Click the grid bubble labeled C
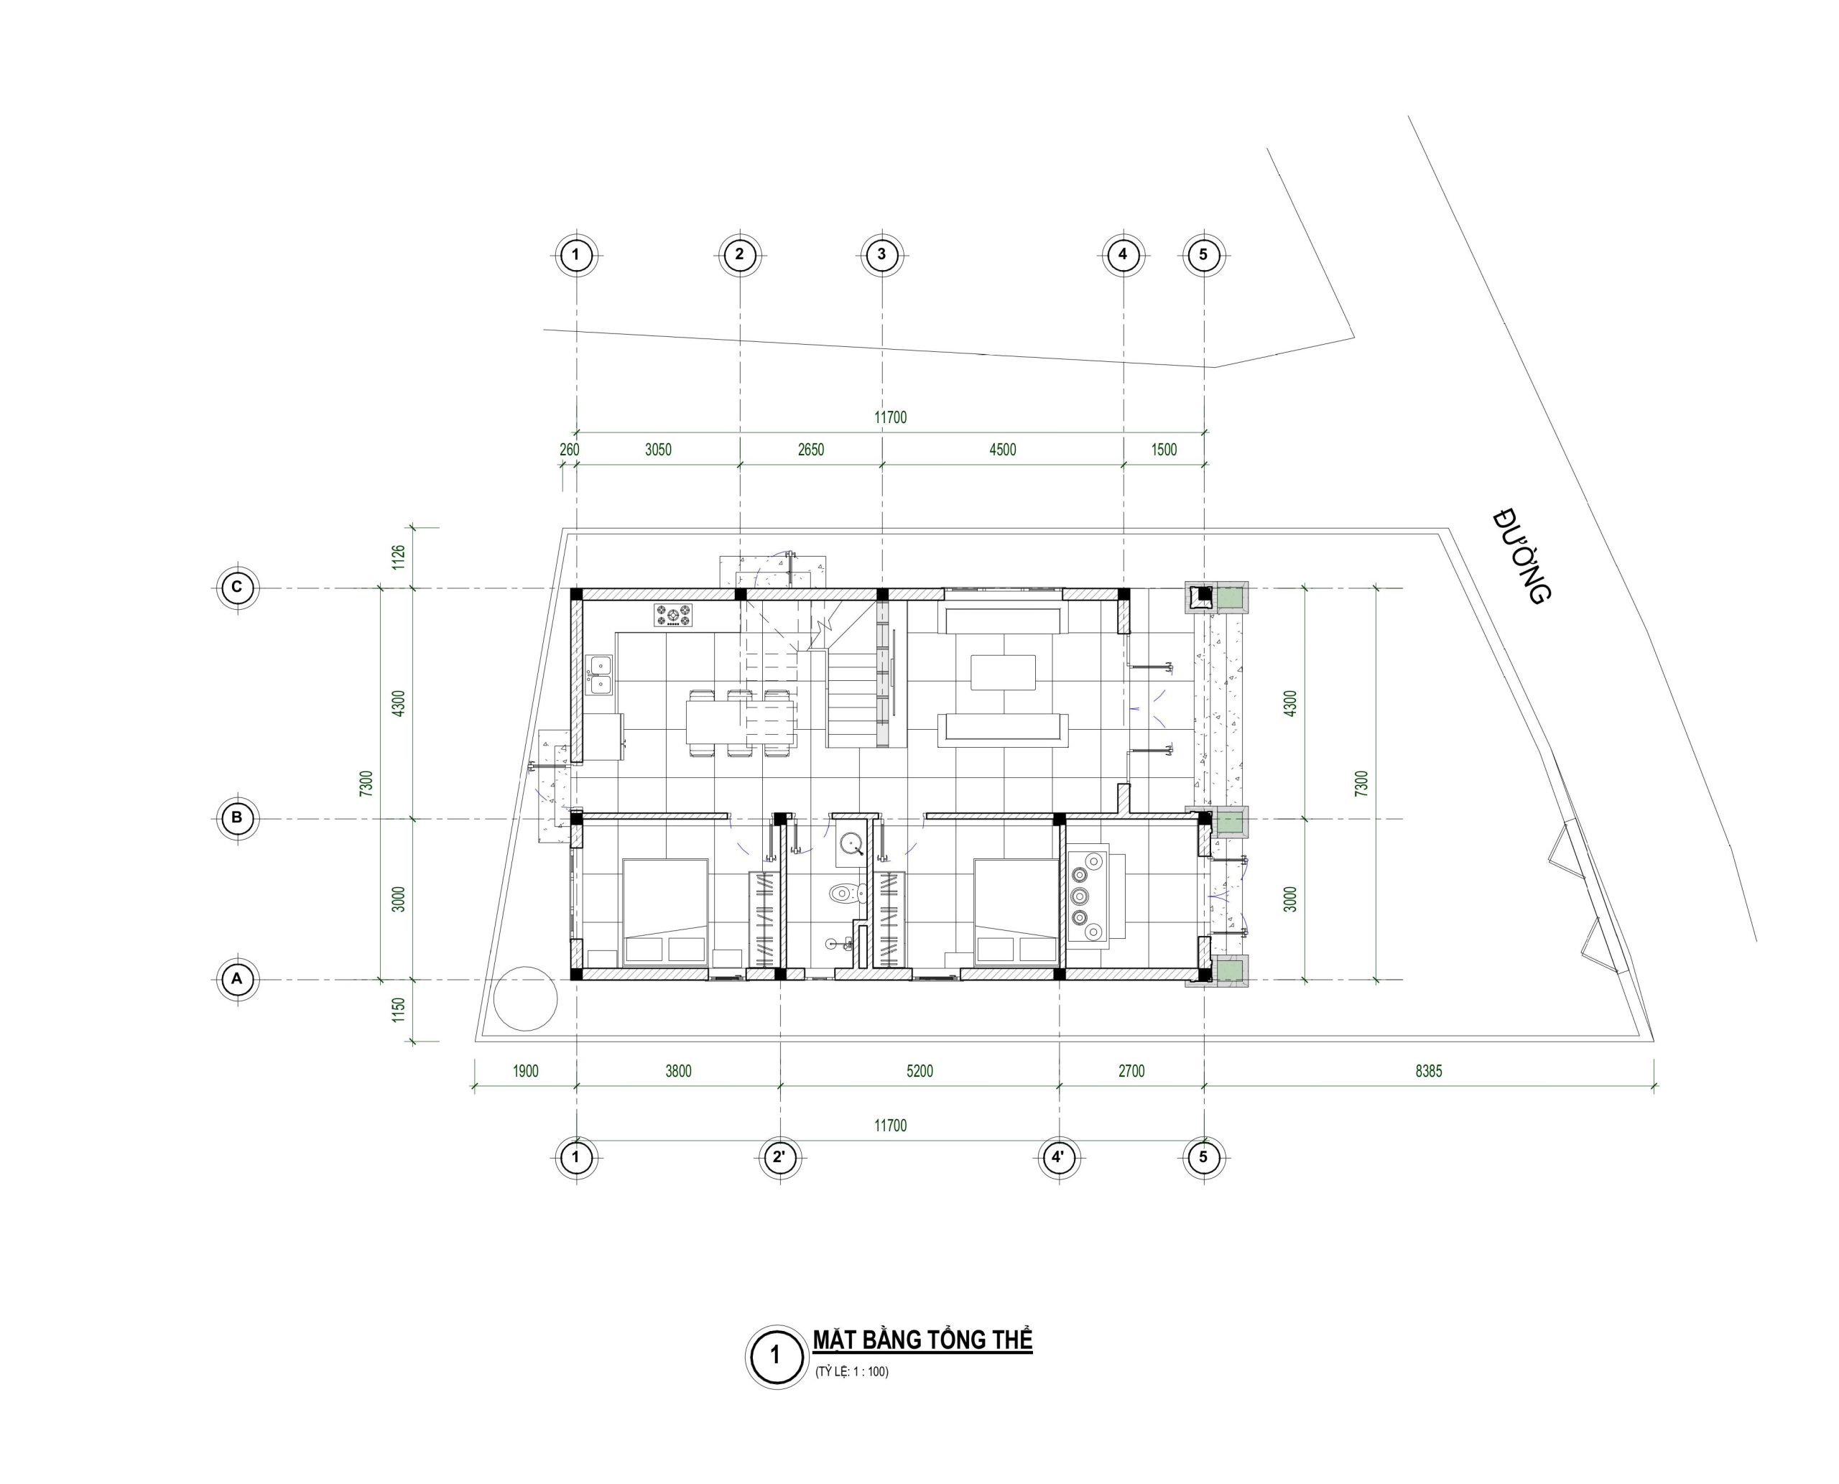tap(237, 588)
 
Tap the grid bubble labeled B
tap(237, 818)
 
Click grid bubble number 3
tap(882, 254)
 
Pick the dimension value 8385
tap(1429, 1071)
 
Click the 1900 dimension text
tap(525, 1071)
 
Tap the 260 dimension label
tap(570, 450)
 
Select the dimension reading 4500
tap(1002, 450)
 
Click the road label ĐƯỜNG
tap(1521, 557)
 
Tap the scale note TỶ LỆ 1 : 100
tap(851, 1372)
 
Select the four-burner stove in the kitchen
tap(674, 616)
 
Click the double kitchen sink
tap(598, 673)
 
